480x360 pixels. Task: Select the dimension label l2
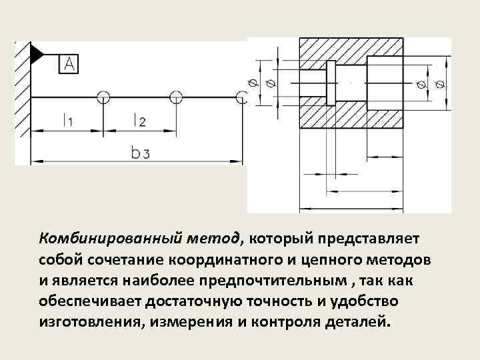click(x=139, y=121)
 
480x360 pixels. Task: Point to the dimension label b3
click(x=140, y=153)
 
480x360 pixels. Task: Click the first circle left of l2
click(x=103, y=97)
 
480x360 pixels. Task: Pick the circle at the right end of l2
click(x=176, y=97)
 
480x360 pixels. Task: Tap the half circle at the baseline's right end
click(x=243, y=97)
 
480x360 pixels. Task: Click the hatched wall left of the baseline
click(x=23, y=100)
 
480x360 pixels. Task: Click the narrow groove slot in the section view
click(x=327, y=83)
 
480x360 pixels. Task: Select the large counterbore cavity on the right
click(x=384, y=83)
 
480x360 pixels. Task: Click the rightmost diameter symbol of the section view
click(x=440, y=84)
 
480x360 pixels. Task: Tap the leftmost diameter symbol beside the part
click(x=254, y=83)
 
